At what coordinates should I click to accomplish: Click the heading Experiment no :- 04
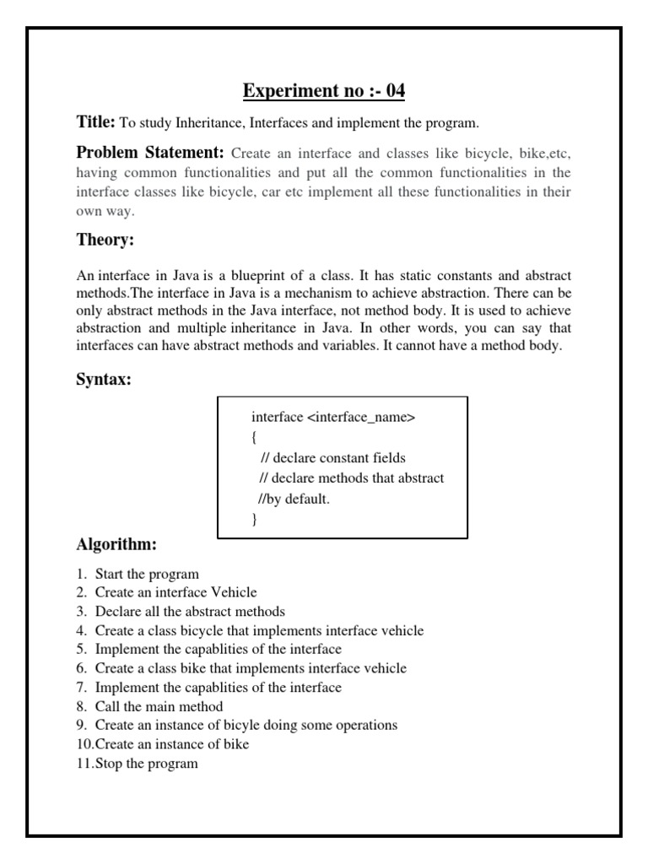[324, 90]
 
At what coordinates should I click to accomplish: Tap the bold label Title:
[95, 122]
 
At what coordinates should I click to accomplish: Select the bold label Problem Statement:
[150, 153]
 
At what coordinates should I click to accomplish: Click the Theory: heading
[105, 240]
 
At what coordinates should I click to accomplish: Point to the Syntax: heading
[103, 380]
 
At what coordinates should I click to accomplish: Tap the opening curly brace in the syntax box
[254, 438]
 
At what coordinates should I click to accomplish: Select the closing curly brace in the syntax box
[254, 519]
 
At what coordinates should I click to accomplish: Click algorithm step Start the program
[147, 575]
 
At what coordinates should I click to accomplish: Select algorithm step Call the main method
[159, 707]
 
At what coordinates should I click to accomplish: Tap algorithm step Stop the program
[146, 764]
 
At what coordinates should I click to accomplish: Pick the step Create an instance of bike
[172, 745]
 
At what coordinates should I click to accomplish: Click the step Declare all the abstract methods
[190, 612]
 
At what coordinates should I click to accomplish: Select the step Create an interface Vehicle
[175, 593]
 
